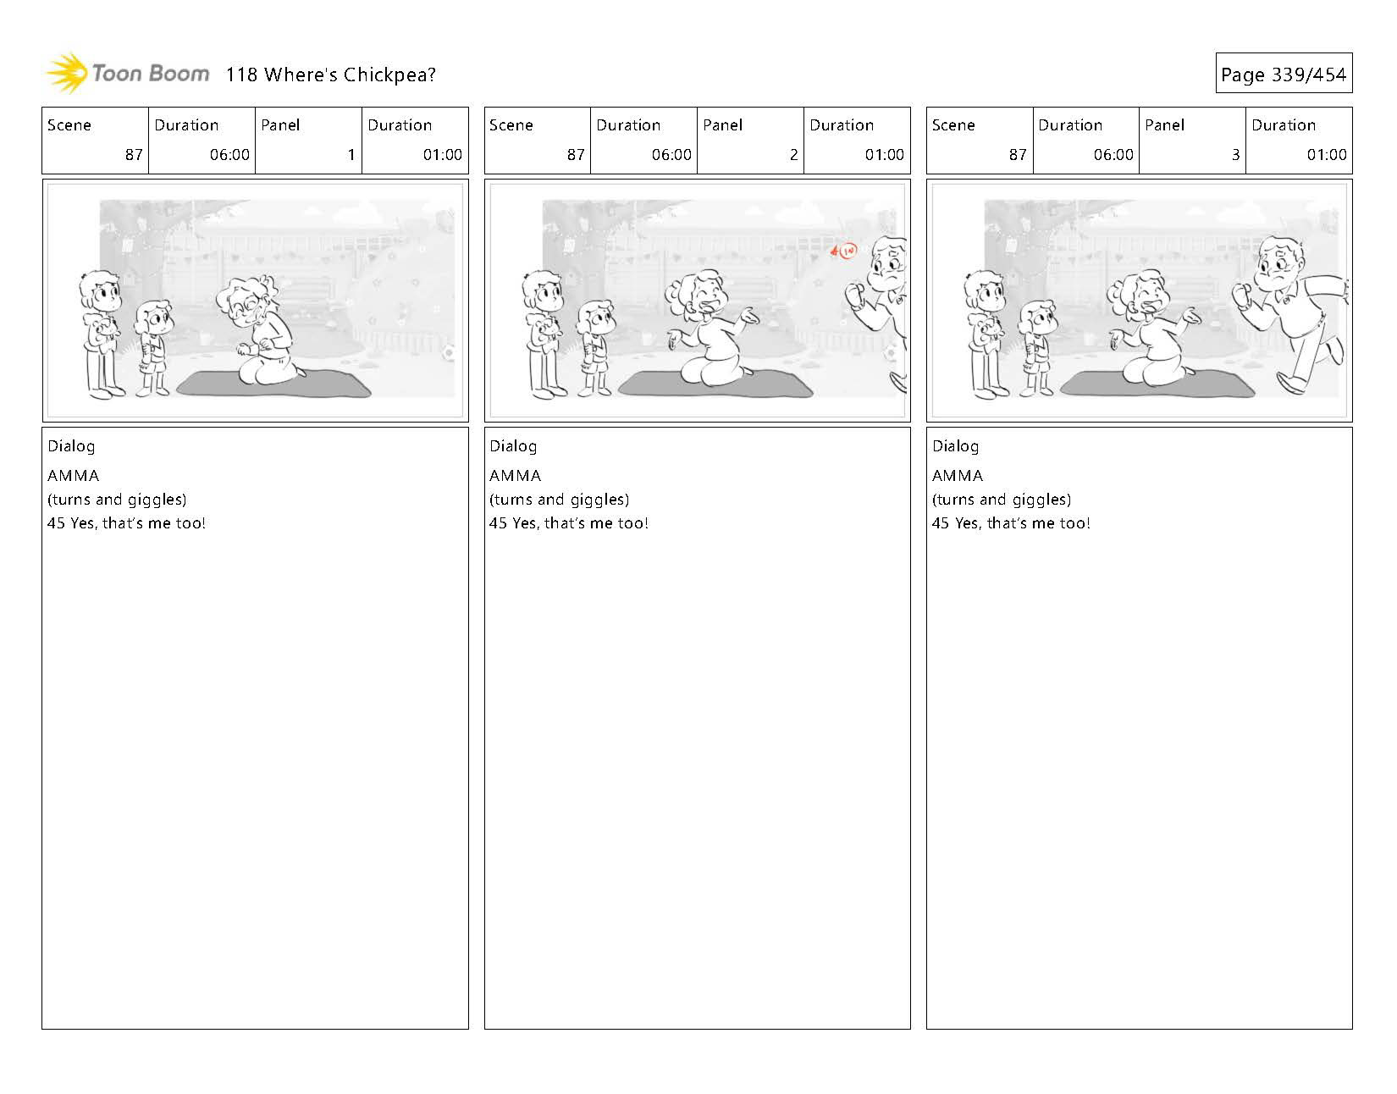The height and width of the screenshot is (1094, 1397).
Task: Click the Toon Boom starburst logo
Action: pyautogui.click(x=67, y=73)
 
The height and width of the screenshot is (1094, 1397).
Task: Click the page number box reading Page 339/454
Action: pyautogui.click(x=1284, y=73)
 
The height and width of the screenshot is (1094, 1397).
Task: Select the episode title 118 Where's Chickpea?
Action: pyautogui.click(x=330, y=75)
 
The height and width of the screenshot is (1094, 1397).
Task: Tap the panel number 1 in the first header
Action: pyautogui.click(x=351, y=154)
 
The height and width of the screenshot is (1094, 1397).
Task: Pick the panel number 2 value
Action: pyautogui.click(x=793, y=154)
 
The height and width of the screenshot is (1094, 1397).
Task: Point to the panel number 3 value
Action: pyautogui.click(x=1235, y=154)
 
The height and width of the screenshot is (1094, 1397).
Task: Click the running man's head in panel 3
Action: pyautogui.click(x=1280, y=262)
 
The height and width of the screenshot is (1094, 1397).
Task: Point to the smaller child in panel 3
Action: pyautogui.click(x=1036, y=347)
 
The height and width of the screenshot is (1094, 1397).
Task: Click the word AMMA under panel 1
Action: pyautogui.click(x=74, y=476)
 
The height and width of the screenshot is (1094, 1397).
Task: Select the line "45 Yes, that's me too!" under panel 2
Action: pyautogui.click(x=568, y=523)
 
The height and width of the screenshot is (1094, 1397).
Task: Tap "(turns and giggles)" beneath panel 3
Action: pyautogui.click(x=1001, y=500)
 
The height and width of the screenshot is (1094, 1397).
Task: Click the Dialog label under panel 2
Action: pyautogui.click(x=513, y=446)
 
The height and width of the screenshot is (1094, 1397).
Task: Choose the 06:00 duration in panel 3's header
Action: pyautogui.click(x=1113, y=154)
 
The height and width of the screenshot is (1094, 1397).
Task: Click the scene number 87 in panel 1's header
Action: pyautogui.click(x=134, y=154)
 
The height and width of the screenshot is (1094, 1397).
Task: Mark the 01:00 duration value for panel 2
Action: pyautogui.click(x=885, y=154)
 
